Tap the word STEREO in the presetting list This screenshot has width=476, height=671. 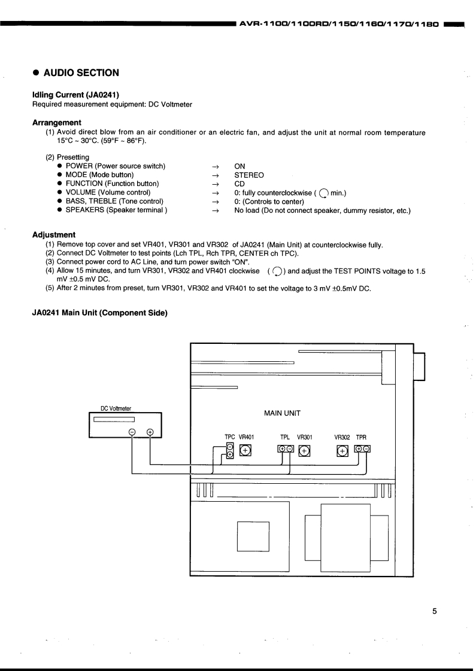coord(249,175)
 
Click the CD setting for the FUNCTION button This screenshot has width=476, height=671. coord(239,184)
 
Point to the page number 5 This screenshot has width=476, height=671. coord(435,611)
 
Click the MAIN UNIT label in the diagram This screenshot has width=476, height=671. coord(282,413)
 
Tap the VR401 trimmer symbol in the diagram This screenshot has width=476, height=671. coord(245,451)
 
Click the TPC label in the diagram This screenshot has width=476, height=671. coord(230,437)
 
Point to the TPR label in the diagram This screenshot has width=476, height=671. coord(361,437)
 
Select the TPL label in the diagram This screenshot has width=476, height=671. coord(285,437)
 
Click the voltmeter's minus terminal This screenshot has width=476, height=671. coord(132,433)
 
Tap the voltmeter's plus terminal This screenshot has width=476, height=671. coord(150,433)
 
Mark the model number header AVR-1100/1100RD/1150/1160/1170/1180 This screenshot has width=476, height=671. coord(339,25)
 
